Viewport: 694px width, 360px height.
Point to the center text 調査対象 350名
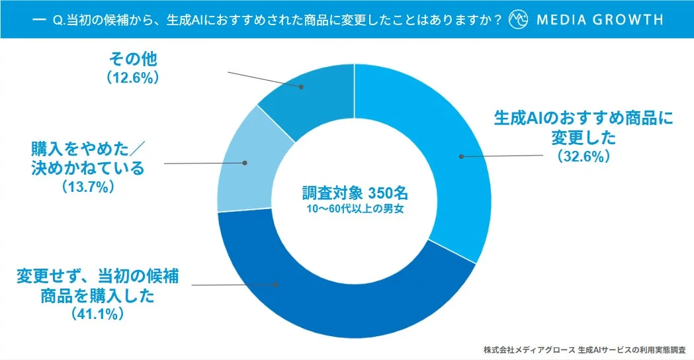point(355,193)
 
